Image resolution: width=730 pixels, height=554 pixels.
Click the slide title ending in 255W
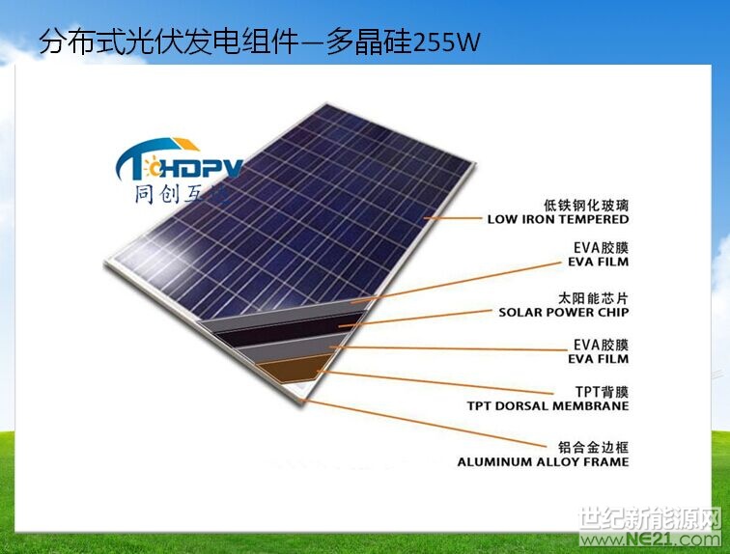(x=258, y=42)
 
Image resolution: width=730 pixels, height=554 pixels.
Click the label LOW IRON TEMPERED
(x=557, y=219)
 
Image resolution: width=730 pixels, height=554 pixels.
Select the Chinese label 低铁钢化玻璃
(x=586, y=205)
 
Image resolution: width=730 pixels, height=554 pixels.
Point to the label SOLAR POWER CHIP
(x=563, y=312)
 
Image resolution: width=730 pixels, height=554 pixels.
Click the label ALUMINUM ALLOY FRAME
(x=543, y=461)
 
